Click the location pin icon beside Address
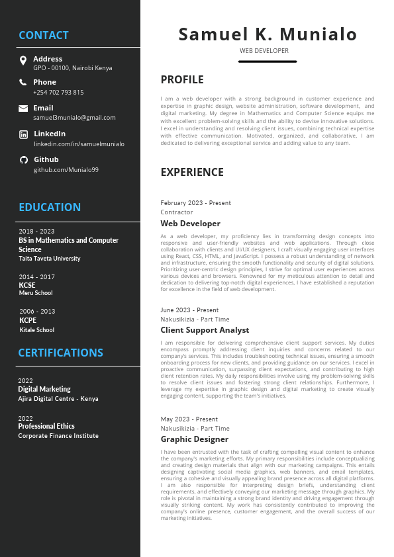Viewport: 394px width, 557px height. [23, 62]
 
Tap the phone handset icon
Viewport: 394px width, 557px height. [23, 83]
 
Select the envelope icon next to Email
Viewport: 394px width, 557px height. [23, 108]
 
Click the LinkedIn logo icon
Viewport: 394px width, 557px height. [23, 134]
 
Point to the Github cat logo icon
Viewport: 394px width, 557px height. [23, 159]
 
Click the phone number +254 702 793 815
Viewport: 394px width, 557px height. [58, 93]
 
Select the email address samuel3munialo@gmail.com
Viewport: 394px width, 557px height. [74, 118]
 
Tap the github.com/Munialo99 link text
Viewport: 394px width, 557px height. [66, 170]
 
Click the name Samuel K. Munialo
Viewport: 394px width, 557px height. [268, 34]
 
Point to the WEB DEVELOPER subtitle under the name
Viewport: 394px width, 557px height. [264, 50]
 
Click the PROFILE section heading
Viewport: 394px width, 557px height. [182, 80]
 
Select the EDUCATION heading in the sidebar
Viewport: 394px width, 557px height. [50, 207]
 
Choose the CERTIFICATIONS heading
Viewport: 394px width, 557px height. [60, 353]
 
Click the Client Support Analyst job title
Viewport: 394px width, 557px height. [205, 330]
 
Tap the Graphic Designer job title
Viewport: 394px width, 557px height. [194, 439]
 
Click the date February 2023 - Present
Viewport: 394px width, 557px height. [195, 203]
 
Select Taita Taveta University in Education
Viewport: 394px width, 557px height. [50, 259]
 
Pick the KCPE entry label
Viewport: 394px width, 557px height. [28, 320]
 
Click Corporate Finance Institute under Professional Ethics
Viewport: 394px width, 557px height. [58, 436]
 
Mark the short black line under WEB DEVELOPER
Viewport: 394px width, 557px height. [268, 62]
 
